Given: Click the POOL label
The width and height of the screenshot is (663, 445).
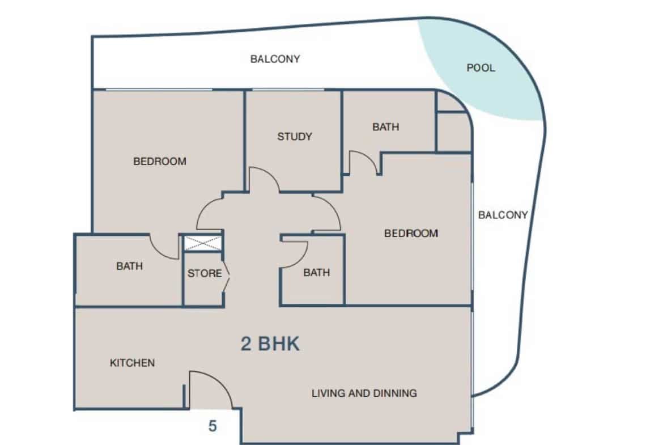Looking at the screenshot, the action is coord(481,67).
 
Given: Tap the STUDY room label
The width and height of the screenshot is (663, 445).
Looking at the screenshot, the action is coord(295,136).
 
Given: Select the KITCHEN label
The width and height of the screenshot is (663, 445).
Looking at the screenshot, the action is coord(133,362).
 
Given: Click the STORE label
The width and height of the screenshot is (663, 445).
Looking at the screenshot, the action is coord(205,273).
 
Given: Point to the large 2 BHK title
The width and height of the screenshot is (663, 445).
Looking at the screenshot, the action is coord(270,344).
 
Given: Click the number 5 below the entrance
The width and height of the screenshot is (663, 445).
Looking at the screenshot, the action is coord(212,426).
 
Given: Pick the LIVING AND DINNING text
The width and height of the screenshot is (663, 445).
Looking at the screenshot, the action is coord(364,393).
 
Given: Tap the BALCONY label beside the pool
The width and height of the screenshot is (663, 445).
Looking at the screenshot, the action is coord(275,59).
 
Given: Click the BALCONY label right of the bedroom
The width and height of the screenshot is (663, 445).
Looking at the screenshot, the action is coord(503,215).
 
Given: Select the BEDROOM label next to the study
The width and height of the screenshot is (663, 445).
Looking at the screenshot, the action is coord(159,161).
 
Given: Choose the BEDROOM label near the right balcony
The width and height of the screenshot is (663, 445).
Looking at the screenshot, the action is coord(411,233).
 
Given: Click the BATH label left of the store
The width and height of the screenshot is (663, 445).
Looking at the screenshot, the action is coord(129,266).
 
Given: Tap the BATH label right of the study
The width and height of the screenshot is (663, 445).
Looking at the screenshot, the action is coord(386,126).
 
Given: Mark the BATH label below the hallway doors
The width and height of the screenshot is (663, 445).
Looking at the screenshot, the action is coord(317,273).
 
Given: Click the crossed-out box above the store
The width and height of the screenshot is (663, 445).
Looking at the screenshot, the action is coord(202,244).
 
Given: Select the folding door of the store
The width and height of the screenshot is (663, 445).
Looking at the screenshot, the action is coord(227,278).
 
